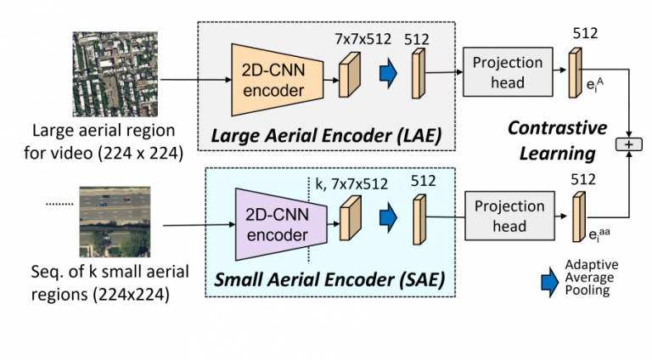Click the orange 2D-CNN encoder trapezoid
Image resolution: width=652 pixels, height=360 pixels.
click(278, 80)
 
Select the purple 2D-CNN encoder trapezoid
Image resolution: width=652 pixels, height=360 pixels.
click(281, 224)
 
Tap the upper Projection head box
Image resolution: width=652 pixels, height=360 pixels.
click(508, 72)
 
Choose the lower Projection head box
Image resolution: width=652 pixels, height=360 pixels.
click(509, 216)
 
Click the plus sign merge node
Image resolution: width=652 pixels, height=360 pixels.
click(629, 144)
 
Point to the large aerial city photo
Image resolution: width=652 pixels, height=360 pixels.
click(115, 74)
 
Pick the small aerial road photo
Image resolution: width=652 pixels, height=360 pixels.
click(115, 222)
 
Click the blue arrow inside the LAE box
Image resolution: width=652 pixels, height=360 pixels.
click(388, 73)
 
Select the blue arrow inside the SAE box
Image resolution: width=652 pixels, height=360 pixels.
click(388, 217)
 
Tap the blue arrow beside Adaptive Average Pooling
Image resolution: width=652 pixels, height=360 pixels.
click(550, 282)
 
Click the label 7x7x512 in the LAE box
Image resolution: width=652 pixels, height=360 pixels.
click(363, 39)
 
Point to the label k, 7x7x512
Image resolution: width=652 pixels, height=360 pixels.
click(351, 183)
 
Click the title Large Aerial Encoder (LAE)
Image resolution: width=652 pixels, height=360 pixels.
click(326, 136)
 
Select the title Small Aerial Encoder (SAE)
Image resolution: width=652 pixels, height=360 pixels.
click(329, 279)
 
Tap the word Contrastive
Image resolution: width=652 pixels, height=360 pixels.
click(557, 127)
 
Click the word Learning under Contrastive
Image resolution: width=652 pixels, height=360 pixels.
click(557, 154)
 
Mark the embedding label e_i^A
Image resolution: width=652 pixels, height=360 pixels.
click(594, 85)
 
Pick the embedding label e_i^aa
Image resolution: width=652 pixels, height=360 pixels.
click(599, 233)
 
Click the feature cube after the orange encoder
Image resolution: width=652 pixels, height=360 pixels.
click(350, 75)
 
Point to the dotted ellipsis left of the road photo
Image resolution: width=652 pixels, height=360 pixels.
click(59, 204)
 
